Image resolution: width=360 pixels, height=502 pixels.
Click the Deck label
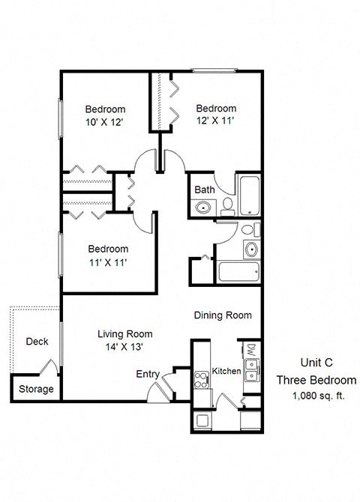tap(37, 342)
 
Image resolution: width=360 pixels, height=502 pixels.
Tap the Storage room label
tap(36, 389)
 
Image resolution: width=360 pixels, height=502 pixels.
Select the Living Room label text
tap(125, 334)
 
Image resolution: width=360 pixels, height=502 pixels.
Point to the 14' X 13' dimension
tap(124, 347)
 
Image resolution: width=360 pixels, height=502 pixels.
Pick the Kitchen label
tap(226, 372)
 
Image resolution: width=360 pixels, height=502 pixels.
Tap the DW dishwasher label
tap(250, 350)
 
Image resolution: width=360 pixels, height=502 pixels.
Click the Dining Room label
tap(223, 315)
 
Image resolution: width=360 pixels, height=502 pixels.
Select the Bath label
tap(205, 190)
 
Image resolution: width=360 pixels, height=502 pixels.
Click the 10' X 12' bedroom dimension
tap(105, 121)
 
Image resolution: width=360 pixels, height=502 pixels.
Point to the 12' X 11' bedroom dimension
tap(216, 121)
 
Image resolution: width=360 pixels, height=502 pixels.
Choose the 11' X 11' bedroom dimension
tap(108, 262)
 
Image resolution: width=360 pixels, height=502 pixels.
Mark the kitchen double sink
tap(253, 369)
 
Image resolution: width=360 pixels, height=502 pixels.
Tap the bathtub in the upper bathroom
tap(248, 194)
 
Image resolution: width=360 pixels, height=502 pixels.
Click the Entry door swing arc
tap(157, 391)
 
